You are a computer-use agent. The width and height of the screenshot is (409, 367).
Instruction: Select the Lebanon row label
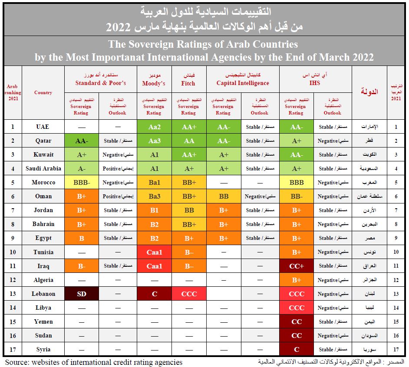(x=43, y=294)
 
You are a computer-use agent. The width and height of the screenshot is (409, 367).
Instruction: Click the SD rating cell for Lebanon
(x=81, y=294)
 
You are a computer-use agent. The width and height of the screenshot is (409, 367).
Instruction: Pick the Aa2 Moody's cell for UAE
(x=154, y=127)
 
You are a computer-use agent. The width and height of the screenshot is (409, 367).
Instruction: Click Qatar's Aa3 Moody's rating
(x=154, y=141)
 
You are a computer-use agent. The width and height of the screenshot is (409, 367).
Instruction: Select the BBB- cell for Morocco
(x=81, y=182)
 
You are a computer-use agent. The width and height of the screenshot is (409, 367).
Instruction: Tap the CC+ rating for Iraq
(x=296, y=266)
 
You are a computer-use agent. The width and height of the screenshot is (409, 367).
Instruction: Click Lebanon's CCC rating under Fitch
(x=188, y=294)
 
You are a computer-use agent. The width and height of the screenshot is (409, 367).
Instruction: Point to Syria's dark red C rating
(x=296, y=349)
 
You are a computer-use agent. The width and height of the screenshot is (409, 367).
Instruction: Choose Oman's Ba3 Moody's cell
(x=154, y=196)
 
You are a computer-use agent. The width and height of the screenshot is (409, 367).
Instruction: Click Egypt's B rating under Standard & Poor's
(x=81, y=238)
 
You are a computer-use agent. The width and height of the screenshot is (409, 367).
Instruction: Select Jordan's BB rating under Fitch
(x=188, y=210)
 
